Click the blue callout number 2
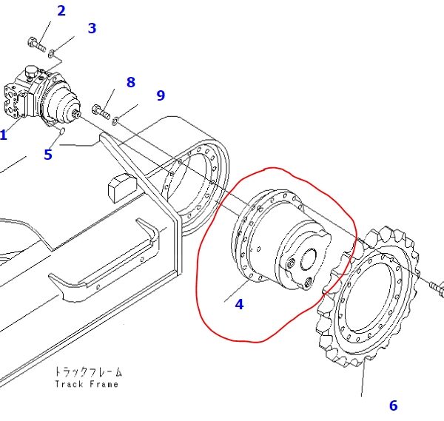[61, 11]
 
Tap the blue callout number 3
[92, 28]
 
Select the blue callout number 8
[130, 82]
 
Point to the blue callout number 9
[161, 95]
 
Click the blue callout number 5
[48, 155]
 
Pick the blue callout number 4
[239, 304]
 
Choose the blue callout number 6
[394, 405]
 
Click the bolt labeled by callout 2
[37, 44]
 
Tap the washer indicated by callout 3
[51, 53]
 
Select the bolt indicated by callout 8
[101, 112]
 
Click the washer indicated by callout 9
[115, 121]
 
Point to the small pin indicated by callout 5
[63, 130]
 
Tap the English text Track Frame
[87, 384]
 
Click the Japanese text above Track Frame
[88, 371]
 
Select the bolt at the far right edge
[437, 288]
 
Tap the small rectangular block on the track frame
[122, 188]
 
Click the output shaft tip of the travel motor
[76, 113]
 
